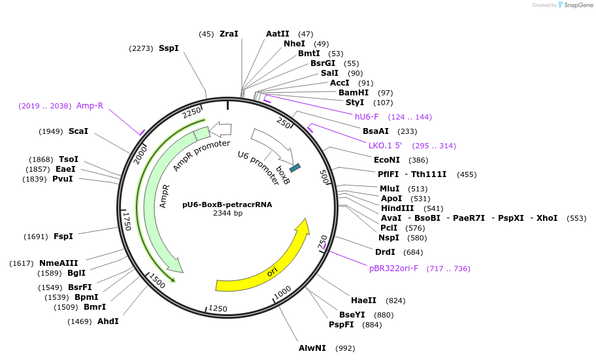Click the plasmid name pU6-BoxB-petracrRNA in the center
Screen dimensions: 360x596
pos(227,205)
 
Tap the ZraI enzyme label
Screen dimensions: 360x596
pos(229,34)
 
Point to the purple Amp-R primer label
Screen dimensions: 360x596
pos(90,106)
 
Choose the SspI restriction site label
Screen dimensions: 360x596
pos(169,48)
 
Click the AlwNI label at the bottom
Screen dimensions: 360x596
pos(312,348)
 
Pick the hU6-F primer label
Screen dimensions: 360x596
pos(367,117)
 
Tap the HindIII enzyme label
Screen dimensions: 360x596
pos(397,208)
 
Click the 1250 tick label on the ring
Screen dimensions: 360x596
pos(218,308)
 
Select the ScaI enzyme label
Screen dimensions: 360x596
pos(78,131)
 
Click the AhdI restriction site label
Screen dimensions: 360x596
pos(108,321)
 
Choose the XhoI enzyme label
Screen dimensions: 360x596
pos(546,218)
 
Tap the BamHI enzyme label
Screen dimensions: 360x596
pos(354,93)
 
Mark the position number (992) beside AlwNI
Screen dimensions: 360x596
pos(344,348)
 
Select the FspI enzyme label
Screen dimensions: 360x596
pos(63,237)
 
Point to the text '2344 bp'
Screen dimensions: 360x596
pos(227,214)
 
